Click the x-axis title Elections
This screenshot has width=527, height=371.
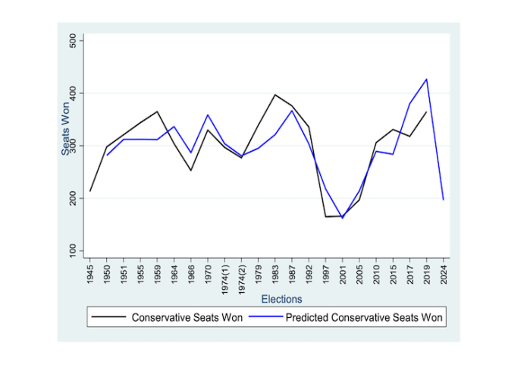(282, 299)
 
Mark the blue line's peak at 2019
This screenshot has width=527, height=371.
(427, 79)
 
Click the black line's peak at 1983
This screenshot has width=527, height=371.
(275, 95)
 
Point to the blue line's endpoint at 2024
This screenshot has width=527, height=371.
(443, 200)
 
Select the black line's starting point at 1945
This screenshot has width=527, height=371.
(90, 191)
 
